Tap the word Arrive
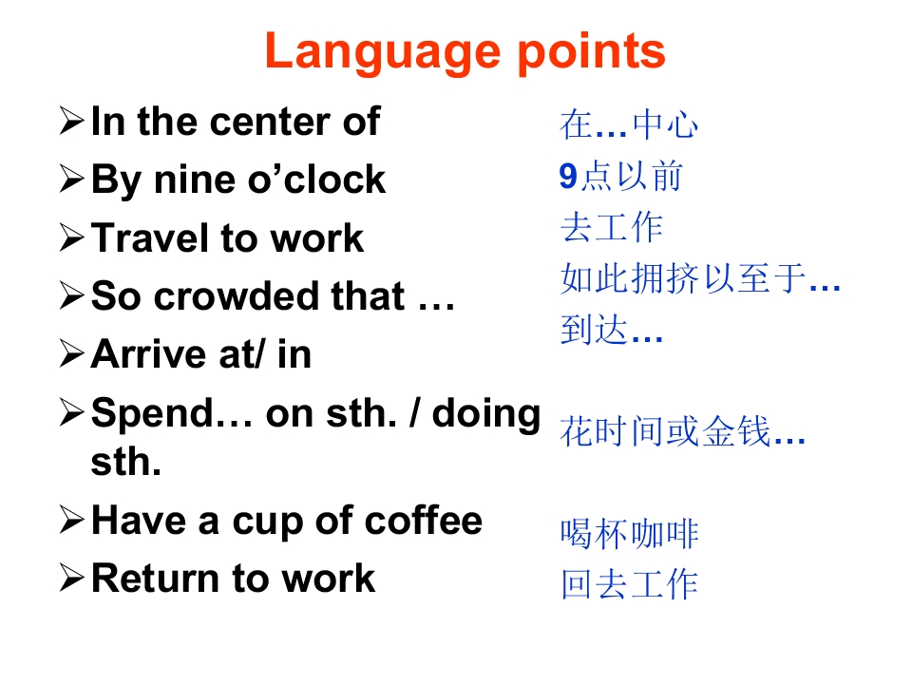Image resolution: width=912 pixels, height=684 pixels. click(149, 354)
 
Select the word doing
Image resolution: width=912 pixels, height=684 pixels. click(486, 415)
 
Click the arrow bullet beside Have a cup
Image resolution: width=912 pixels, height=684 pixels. click(72, 520)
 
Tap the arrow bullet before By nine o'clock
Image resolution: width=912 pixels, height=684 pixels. click(72, 180)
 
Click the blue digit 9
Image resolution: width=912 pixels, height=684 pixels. click(568, 177)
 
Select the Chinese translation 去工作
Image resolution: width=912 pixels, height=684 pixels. click(612, 227)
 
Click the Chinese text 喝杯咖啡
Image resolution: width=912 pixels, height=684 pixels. click(629, 534)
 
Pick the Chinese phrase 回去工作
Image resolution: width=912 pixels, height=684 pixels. click(629, 584)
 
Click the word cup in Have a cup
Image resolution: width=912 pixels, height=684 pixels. click(268, 522)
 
